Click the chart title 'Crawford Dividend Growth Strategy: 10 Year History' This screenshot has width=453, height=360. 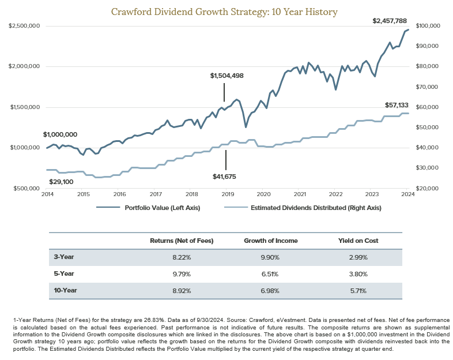click(226, 11)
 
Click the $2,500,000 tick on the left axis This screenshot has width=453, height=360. click(24, 26)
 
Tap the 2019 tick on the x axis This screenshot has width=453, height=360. click(228, 194)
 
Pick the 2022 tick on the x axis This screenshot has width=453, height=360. click(336, 194)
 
